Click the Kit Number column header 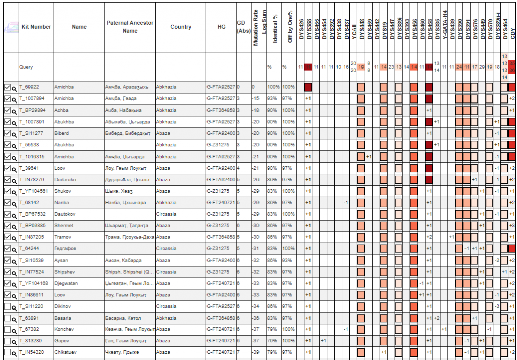pos(36,27)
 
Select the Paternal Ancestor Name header pos(130,27)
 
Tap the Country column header pos(180,27)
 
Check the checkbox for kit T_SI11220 pos(7,307)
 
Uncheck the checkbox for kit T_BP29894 pos(7,111)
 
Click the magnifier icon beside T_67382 pos(14,330)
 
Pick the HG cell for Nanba pos(221,203)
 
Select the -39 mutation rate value pos(256,352)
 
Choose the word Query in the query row pos(26,67)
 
